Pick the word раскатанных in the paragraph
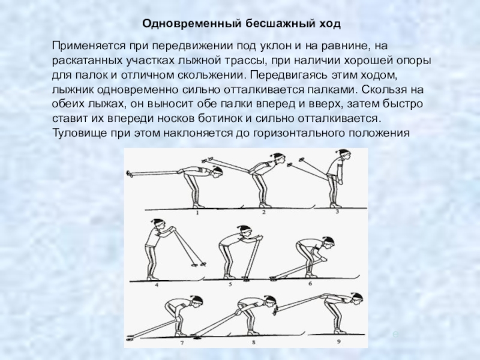coord(87,61)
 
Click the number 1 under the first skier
coord(197,212)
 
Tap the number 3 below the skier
coord(337,211)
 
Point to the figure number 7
coord(182,343)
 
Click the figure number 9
coord(338,341)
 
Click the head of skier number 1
coord(217,172)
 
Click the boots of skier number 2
coord(263,205)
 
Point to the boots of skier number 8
coord(253,332)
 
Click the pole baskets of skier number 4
coord(199,264)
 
